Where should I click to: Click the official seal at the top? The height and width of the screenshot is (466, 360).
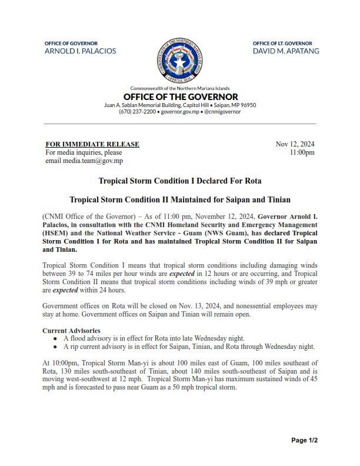click(180, 61)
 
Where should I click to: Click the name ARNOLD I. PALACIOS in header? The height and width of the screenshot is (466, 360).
click(81, 51)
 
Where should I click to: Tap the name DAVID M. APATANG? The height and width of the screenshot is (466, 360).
click(286, 51)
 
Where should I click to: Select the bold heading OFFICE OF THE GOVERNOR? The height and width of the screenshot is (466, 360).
click(181, 96)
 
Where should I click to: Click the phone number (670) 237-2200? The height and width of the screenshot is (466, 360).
click(137, 111)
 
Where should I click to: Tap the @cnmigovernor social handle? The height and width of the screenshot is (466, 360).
click(222, 111)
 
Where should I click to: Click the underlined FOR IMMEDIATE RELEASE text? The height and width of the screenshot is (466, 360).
click(92, 144)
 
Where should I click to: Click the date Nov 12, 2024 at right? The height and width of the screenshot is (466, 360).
click(295, 144)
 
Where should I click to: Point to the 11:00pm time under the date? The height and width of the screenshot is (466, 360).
click(302, 152)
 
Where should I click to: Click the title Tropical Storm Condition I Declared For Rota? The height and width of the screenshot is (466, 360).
click(180, 180)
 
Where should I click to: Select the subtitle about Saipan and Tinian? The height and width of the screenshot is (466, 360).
click(180, 199)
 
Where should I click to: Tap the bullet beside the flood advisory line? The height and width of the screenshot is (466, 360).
click(55, 338)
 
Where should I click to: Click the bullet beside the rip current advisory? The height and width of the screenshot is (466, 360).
click(55, 347)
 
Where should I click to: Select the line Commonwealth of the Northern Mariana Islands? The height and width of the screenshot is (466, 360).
click(180, 88)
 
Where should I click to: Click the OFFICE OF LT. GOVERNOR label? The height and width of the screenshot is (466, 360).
click(282, 44)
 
